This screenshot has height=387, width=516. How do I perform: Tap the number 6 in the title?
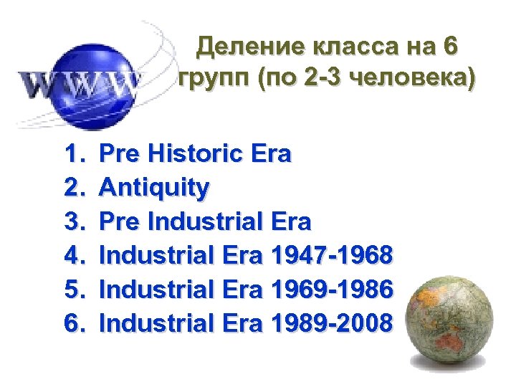pyautogui.click(x=449, y=49)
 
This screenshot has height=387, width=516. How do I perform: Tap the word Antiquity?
pyautogui.click(x=155, y=188)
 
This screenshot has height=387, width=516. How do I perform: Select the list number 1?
pyautogui.click(x=73, y=154)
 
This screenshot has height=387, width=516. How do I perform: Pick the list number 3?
pyautogui.click(x=73, y=221)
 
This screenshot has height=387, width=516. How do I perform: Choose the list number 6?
pyautogui.click(x=73, y=323)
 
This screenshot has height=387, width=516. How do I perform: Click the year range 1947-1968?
pyautogui.click(x=332, y=255)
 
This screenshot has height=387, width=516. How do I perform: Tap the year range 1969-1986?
pyautogui.click(x=332, y=290)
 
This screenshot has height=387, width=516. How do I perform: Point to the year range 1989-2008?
pyautogui.click(x=332, y=323)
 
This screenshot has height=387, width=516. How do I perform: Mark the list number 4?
pyautogui.click(x=73, y=255)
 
